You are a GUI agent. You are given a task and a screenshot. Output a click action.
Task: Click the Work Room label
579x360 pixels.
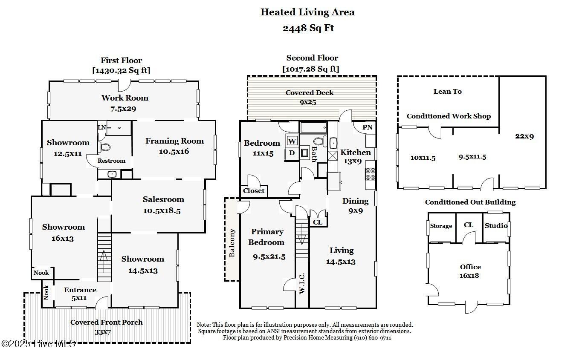tap(124, 98)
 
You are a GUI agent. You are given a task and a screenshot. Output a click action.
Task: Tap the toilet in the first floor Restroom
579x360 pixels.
tap(104, 147)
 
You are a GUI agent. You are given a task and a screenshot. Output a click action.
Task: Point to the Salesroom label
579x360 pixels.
tap(163, 199)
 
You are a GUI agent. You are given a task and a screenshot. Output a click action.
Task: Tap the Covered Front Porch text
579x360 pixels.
tap(106, 322)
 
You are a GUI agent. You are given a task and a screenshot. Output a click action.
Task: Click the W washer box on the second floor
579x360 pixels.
tap(292, 141)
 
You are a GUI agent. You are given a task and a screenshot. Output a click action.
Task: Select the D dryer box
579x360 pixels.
tap(292, 153)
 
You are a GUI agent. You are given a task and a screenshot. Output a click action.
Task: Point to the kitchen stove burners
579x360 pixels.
tap(370, 174)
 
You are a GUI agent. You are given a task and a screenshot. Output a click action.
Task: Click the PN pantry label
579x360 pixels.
tap(367, 127)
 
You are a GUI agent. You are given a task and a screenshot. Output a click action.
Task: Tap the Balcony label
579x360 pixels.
tap(232, 243)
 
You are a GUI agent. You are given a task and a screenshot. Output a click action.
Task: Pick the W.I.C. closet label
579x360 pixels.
tap(302, 283)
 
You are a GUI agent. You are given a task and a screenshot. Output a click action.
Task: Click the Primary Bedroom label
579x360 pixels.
tap(267, 237)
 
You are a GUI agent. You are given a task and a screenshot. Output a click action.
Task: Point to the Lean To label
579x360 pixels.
tap(447, 91)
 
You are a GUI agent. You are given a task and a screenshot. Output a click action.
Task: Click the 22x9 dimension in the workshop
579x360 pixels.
tap(524, 136)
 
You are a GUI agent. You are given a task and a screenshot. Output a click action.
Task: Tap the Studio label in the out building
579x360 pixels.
tap(496, 225)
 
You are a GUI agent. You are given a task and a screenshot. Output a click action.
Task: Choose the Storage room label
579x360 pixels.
tap(441, 226)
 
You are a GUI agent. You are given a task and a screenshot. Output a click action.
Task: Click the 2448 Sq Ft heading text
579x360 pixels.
tap(308, 28)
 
